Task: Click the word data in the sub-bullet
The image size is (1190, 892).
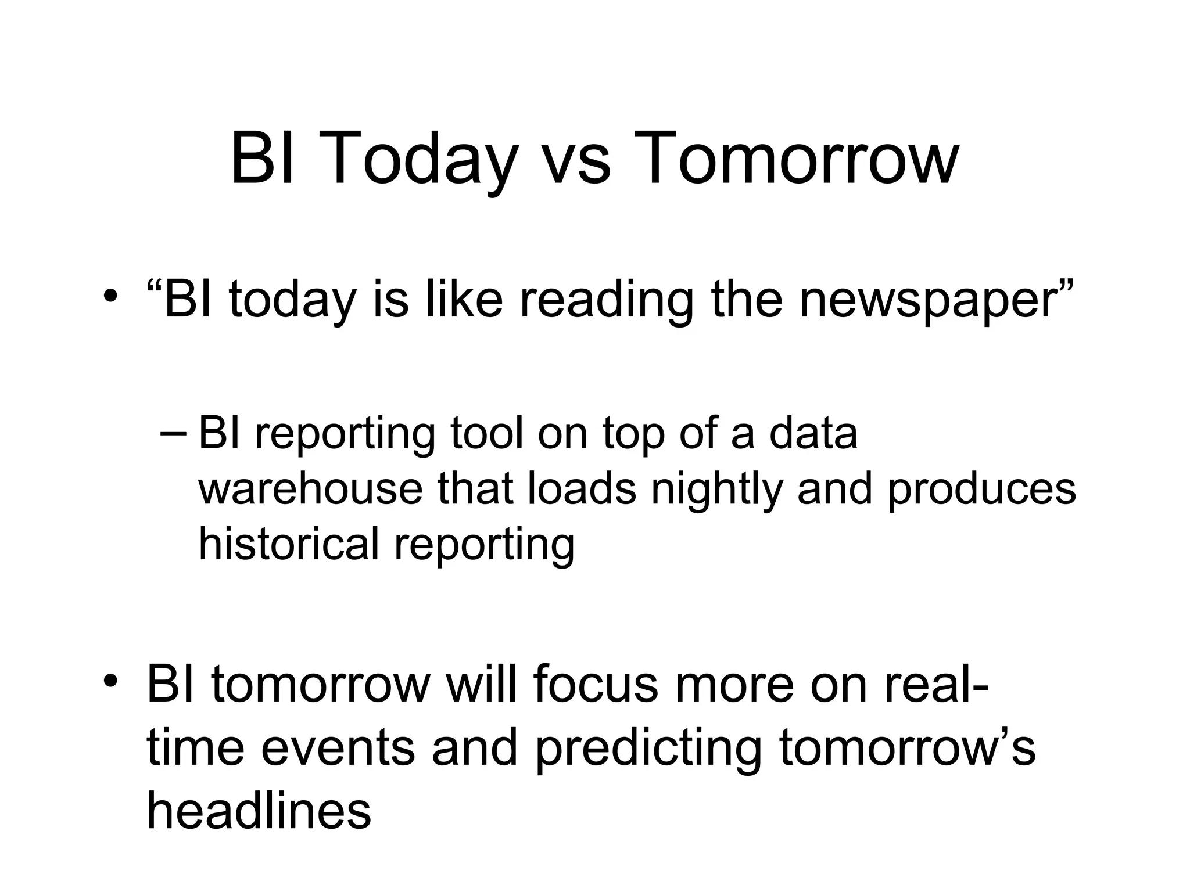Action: tap(813, 434)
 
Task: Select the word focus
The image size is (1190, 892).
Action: tap(596, 684)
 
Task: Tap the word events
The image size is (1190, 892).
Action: tap(338, 748)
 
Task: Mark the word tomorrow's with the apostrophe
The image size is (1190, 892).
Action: tap(906, 748)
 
